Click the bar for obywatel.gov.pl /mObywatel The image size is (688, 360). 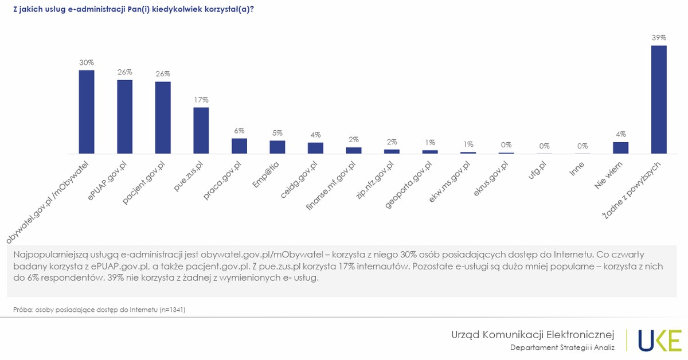click(x=87, y=112)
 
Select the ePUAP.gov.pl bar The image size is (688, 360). click(x=125, y=117)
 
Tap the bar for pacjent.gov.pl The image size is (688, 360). click(x=163, y=118)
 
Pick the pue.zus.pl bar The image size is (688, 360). click(x=201, y=131)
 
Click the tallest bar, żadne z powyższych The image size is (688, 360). click(x=659, y=100)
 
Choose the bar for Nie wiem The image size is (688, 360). click(x=621, y=148)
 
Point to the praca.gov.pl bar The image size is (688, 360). click(x=239, y=146)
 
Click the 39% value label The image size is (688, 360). click(x=659, y=37)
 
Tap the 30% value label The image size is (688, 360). click(x=87, y=62)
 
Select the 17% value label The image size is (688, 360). click(x=201, y=99)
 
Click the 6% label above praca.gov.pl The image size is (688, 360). click(x=239, y=130)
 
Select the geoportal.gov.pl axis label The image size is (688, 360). click(x=408, y=185)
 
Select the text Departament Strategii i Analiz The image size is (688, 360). click(x=562, y=347)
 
